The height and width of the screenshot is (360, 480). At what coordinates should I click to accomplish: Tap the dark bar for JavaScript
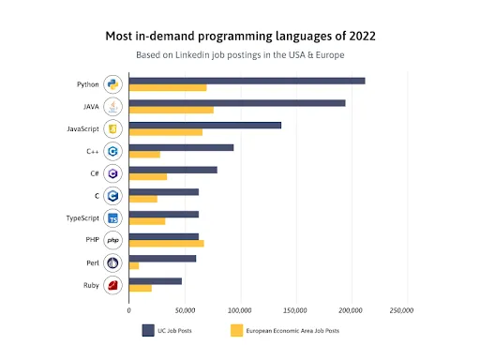(204, 125)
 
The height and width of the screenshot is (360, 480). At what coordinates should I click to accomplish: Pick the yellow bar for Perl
(134, 265)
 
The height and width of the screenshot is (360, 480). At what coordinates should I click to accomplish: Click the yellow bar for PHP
(166, 244)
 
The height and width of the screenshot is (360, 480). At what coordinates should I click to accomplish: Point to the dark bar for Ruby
(156, 280)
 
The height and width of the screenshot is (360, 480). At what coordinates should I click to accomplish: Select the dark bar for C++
(181, 147)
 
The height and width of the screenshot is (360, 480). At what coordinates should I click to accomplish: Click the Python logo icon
(112, 84)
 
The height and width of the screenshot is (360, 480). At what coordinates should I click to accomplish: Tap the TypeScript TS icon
(112, 218)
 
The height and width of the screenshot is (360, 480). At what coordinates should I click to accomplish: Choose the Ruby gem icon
(112, 285)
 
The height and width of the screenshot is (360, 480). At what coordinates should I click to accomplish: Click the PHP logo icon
(112, 241)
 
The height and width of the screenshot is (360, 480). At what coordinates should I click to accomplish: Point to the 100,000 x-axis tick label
(240, 309)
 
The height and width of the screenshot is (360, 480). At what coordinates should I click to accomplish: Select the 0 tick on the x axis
(128, 309)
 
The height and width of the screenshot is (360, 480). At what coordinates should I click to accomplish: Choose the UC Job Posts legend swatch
(148, 330)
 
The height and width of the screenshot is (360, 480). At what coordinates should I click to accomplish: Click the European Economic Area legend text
(295, 330)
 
